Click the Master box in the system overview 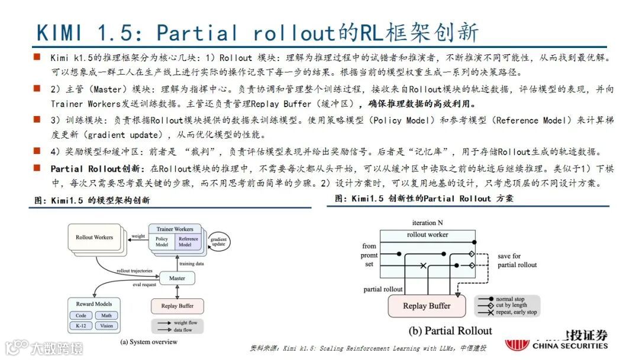pyautogui.click(x=177, y=278)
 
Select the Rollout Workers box pyautogui.click(x=94, y=237)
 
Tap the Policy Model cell pyautogui.click(x=162, y=242)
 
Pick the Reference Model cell pyautogui.click(x=188, y=242)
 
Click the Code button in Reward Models pyautogui.click(x=81, y=316)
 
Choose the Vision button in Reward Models pyautogui.click(x=106, y=326)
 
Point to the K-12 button pyautogui.click(x=81, y=326)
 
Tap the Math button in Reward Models pyautogui.click(x=106, y=316)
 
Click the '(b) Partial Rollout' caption pyautogui.click(x=450, y=330)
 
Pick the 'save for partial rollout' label pyautogui.click(x=517, y=261)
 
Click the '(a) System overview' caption pyautogui.click(x=149, y=342)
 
